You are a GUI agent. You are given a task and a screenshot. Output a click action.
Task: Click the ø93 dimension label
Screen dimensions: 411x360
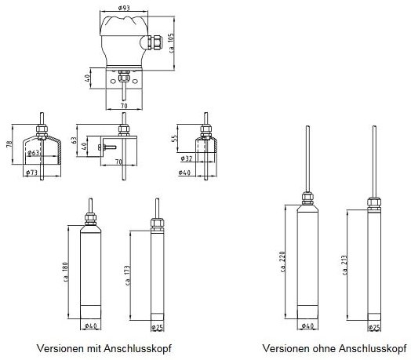[124, 8]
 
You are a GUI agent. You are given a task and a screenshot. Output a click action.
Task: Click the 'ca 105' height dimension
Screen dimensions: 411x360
[172, 43]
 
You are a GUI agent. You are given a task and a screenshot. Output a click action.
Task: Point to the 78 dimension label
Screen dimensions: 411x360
[9, 144]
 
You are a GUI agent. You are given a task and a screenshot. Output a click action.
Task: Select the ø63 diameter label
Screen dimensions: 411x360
[33, 153]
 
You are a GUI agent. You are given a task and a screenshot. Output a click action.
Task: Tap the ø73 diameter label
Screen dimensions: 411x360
[31, 173]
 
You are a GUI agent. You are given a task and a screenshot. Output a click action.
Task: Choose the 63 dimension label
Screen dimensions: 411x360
[75, 140]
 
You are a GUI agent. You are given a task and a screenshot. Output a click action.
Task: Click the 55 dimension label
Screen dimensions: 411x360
[174, 138]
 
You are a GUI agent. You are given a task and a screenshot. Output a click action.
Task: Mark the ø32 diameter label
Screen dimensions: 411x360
[187, 158]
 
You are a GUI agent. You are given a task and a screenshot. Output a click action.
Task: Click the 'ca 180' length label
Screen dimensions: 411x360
[66, 272]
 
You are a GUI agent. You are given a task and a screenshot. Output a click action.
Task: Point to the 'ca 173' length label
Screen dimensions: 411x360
[128, 275]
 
